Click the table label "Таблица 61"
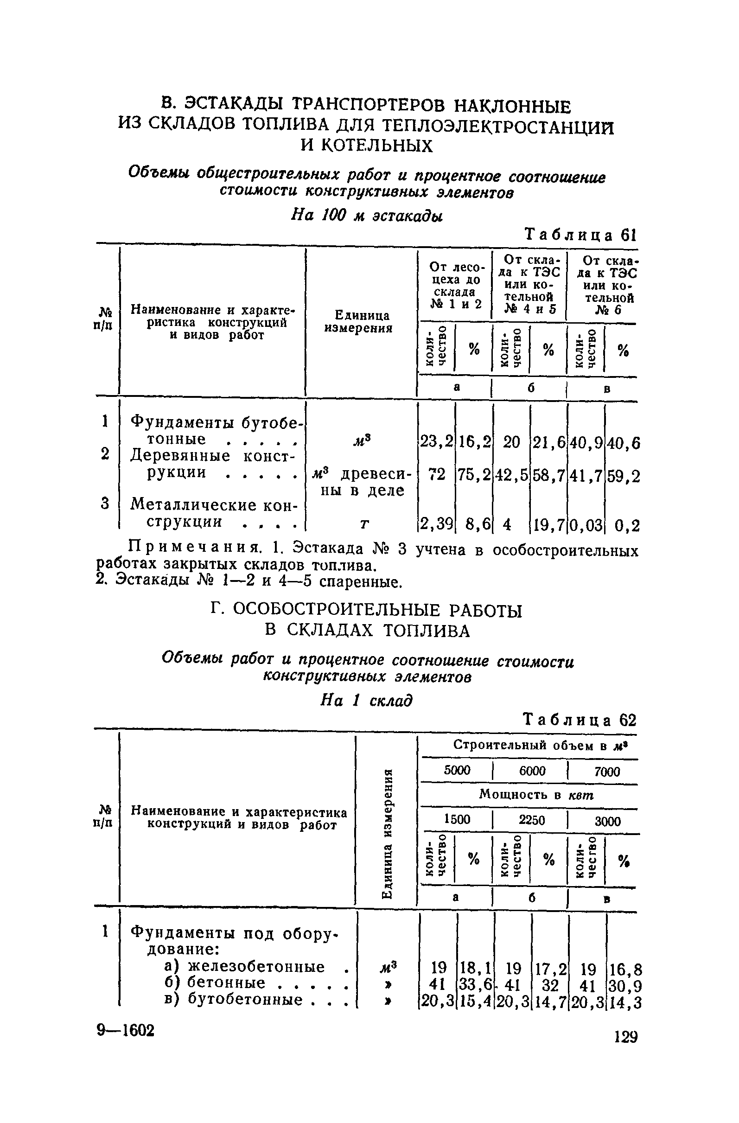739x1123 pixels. [x=581, y=235]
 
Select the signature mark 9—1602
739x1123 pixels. [x=126, y=1030]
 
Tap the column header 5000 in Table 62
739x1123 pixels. [x=457, y=771]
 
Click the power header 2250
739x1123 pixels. [x=532, y=820]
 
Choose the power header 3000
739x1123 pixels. [x=607, y=821]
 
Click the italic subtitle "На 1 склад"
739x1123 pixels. [x=366, y=700]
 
